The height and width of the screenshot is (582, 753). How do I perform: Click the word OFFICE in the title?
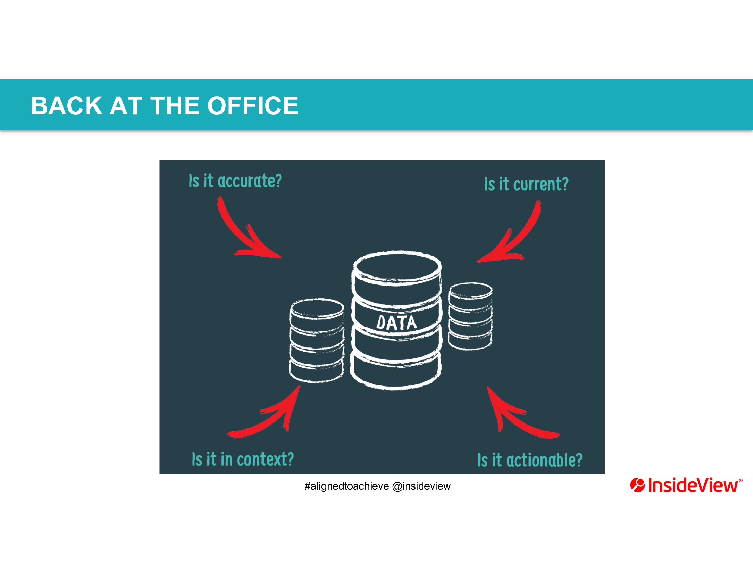[x=253, y=105]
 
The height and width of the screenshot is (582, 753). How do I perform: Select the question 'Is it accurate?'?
[x=235, y=181]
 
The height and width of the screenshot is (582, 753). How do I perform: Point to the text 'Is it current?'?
[x=526, y=184]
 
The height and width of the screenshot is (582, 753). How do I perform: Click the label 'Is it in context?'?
[x=243, y=459]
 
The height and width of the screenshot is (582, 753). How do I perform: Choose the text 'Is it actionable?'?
[x=529, y=460]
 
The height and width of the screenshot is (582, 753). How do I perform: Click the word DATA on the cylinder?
[x=396, y=323]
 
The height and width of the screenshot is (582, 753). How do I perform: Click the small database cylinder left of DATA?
[x=317, y=340]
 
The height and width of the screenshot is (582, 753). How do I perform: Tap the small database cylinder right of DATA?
[x=470, y=316]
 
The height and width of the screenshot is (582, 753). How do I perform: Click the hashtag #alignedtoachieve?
[x=346, y=486]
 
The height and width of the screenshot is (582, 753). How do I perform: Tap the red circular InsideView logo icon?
[x=638, y=485]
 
